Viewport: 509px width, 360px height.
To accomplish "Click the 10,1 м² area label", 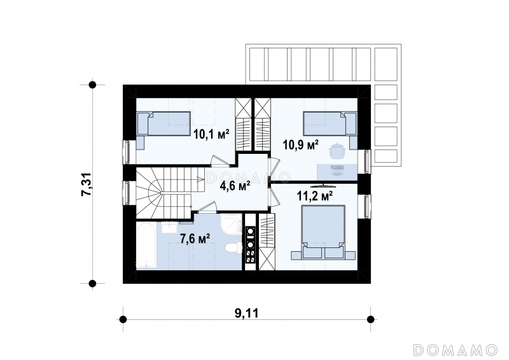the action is pos(211,134).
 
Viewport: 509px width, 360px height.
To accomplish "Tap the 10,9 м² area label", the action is pos(300,145).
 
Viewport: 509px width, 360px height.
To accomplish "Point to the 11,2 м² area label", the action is pos(314,195).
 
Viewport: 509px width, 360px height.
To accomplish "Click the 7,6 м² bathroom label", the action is pos(195,239).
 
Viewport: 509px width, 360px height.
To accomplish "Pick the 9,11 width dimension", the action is pos(247,314).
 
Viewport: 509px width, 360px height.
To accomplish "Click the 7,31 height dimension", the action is pos(87,184).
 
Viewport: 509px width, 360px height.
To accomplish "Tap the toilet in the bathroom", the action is pos(234,248).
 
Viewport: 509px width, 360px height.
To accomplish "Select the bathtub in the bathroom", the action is pos(146,245).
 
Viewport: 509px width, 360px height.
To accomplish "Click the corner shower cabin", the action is pos(232,223).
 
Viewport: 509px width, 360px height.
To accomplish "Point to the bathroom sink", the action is pos(169,228).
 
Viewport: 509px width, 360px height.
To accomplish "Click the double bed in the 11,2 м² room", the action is pos(323,232).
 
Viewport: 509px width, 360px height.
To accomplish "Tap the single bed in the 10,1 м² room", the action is pos(164,123).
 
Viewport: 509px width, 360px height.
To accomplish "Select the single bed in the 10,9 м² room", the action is pos(330,123).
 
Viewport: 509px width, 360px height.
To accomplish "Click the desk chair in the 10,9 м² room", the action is pos(337,150).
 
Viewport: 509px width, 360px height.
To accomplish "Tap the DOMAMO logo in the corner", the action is pos(455,350).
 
